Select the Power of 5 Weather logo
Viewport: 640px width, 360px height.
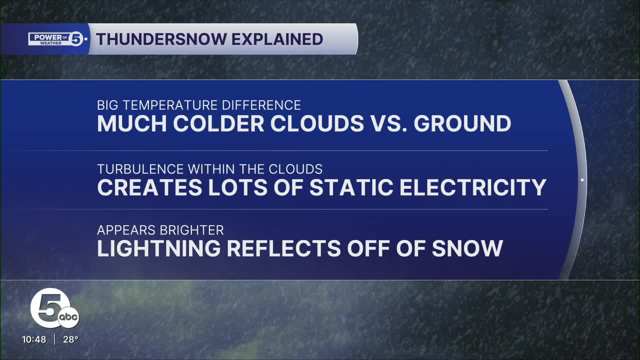58,39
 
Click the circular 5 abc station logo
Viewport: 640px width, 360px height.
53,310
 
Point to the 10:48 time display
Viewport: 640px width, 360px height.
34,339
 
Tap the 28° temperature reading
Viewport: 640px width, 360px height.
70,339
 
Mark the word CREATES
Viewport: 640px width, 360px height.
143,187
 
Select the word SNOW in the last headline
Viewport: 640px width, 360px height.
467,248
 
